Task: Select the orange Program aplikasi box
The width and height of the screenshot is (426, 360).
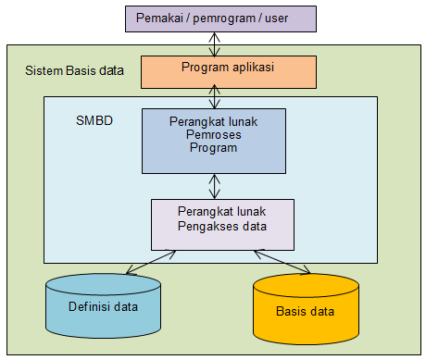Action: point(228,69)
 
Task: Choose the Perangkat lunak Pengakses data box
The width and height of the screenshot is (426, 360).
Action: point(222,223)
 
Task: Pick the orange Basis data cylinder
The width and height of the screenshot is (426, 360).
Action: point(305,310)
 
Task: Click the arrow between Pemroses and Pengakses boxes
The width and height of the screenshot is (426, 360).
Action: point(215,186)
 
